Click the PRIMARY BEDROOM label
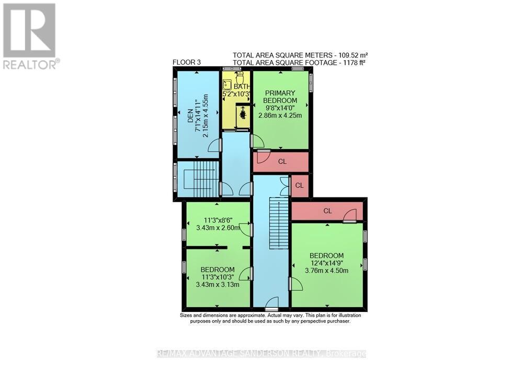pyautogui.click(x=280, y=97)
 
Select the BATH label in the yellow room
pyautogui.click(x=240, y=87)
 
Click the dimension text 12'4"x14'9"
pyautogui.click(x=326, y=263)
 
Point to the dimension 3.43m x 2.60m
pyautogui.click(x=218, y=228)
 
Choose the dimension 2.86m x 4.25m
pyautogui.click(x=280, y=116)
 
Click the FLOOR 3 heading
pyautogui.click(x=187, y=62)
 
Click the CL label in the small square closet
pyautogui.click(x=300, y=185)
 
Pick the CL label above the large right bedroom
pyautogui.click(x=327, y=211)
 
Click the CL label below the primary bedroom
pyautogui.click(x=282, y=161)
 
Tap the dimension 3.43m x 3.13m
pyautogui.click(x=218, y=285)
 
